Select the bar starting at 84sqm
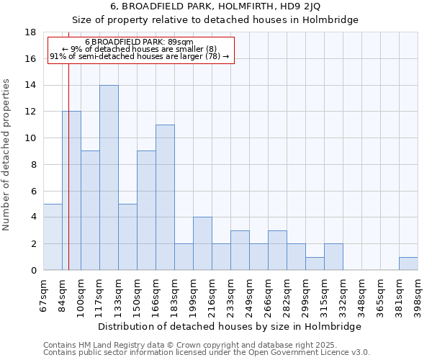coord(71,191)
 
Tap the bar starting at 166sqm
coord(165,197)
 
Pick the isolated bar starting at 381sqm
coord(408,264)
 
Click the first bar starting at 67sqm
coord(53,237)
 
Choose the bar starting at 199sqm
coord(202,243)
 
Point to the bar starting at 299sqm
coord(315,264)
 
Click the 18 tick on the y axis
coord(31,32)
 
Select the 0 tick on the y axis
coord(33,271)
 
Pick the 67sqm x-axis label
coord(43,295)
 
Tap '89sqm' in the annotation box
coord(179,42)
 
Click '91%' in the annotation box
coord(57,56)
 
